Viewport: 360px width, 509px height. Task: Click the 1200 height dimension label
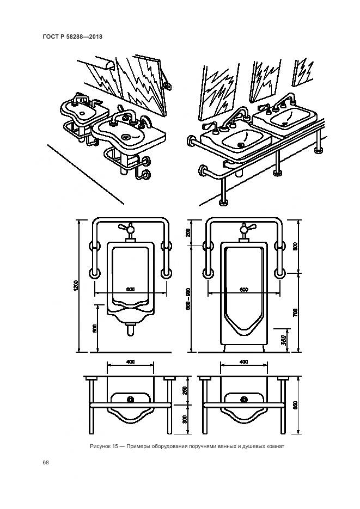click(77, 285)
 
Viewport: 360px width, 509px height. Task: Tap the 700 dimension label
click(295, 312)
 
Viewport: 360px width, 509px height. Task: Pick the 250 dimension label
click(185, 390)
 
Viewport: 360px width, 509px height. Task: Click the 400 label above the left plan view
click(130, 362)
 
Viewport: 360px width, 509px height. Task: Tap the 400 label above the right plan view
click(243, 362)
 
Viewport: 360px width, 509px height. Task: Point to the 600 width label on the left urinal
click(130, 289)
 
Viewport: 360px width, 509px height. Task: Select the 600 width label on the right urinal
click(243, 289)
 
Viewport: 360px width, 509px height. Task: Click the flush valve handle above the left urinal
click(130, 228)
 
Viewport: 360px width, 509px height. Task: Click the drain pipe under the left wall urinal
click(130, 329)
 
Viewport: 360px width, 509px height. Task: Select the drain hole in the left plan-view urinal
click(130, 399)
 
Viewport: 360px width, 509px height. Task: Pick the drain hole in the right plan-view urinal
click(243, 399)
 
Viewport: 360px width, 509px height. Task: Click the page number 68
click(46, 463)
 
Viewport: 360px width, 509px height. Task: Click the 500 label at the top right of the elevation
click(295, 246)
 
